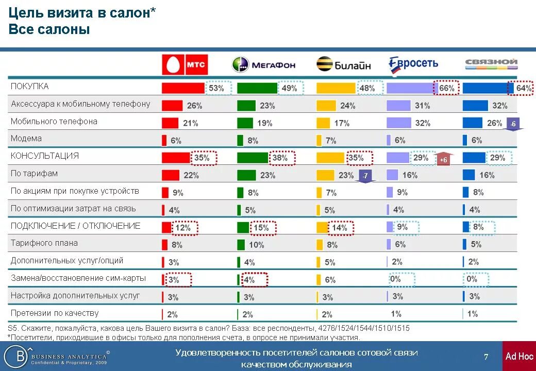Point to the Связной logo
[491, 63]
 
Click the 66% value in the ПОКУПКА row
[446, 88]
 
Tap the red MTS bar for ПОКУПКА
[183, 88]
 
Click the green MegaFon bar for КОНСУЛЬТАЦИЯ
[253, 158]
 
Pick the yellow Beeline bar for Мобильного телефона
[323, 123]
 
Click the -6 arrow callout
[513, 125]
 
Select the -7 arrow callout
[365, 176]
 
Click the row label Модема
[26, 139]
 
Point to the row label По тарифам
[34, 174]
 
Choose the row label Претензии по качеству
[55, 313]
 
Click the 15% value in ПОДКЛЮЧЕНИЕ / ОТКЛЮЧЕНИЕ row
[261, 228]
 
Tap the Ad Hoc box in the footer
[519, 356]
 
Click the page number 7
[486, 357]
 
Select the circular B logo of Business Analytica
[15, 356]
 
